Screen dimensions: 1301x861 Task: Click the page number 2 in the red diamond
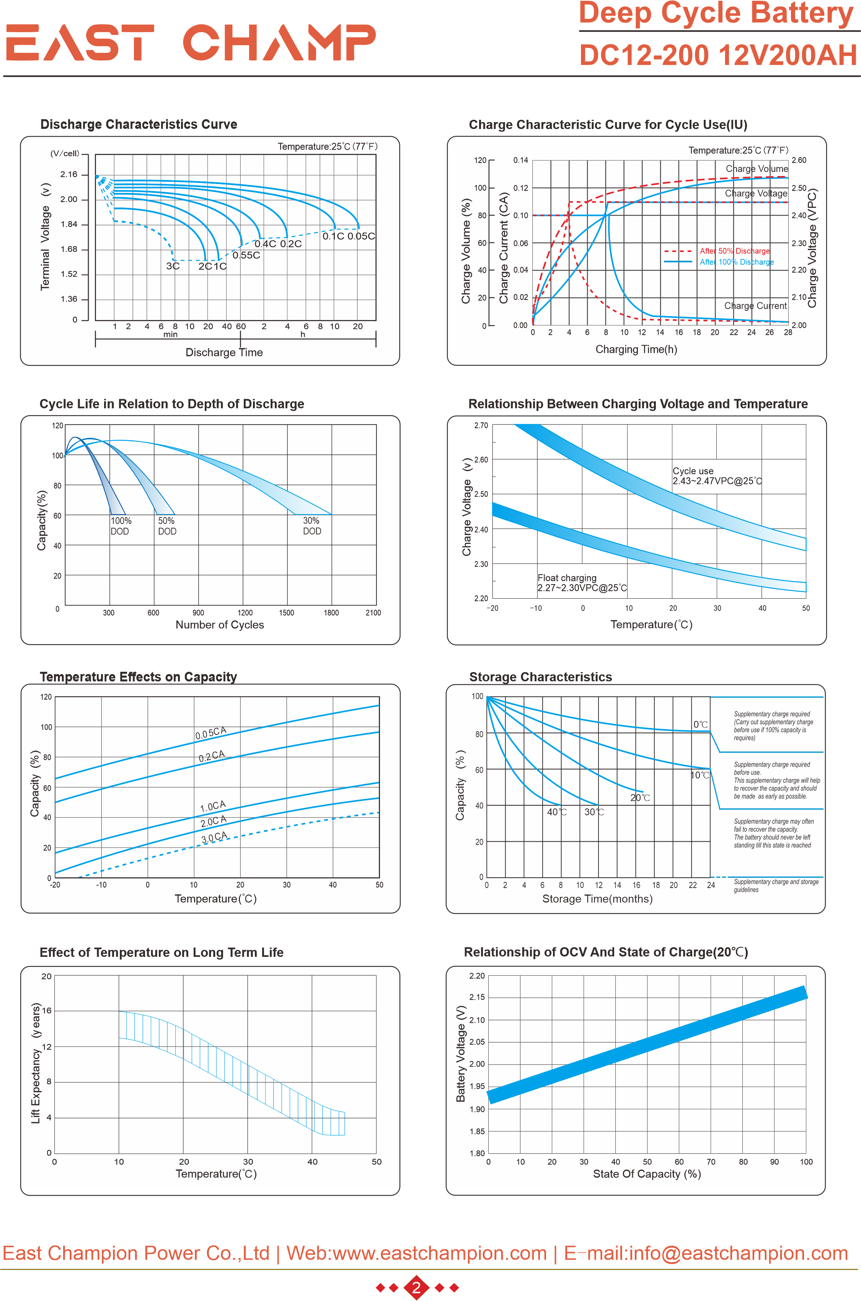coord(416,1287)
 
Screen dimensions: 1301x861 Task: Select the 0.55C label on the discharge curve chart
coord(246,255)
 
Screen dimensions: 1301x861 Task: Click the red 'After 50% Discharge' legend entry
coord(734,251)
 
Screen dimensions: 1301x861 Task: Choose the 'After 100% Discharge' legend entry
coord(736,262)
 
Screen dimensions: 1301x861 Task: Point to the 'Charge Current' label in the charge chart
coord(755,306)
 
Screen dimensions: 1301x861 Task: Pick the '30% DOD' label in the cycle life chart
coord(312,526)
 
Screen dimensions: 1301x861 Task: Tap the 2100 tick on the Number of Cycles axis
coord(373,613)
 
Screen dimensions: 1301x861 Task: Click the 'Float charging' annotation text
coord(567,578)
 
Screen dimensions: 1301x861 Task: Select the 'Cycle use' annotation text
coord(693,471)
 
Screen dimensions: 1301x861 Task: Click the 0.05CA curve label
coord(211,733)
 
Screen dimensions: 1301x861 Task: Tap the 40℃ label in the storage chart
coord(556,812)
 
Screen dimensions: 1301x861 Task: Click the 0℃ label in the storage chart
coord(700,725)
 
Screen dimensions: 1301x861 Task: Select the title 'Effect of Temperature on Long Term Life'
coord(161,952)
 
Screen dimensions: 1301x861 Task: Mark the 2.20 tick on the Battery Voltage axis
coord(477,976)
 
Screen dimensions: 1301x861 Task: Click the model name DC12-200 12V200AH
coord(717,56)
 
